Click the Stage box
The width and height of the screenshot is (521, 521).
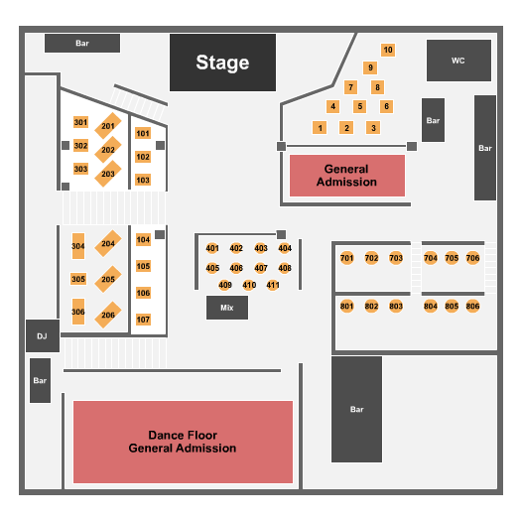(222, 64)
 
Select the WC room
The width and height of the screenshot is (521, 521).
(457, 61)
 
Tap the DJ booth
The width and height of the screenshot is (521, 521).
(42, 336)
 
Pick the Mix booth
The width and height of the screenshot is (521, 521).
(226, 309)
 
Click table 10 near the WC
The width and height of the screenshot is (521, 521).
(387, 50)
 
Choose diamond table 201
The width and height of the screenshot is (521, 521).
(108, 126)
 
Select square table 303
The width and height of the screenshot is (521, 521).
(80, 170)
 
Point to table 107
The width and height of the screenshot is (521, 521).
(143, 320)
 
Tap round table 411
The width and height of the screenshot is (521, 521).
(273, 285)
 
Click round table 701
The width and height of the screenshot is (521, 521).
(346, 258)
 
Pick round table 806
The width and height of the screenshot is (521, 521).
(472, 306)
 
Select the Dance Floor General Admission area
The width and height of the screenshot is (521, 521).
(183, 442)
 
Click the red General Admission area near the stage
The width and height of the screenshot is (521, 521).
(346, 176)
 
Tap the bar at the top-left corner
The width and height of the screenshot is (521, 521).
(82, 43)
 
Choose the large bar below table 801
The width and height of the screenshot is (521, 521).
(356, 409)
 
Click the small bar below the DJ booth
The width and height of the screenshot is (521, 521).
(40, 380)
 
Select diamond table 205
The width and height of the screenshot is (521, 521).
(108, 280)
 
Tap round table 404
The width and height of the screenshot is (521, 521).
(285, 248)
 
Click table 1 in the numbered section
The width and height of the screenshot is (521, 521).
(320, 128)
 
